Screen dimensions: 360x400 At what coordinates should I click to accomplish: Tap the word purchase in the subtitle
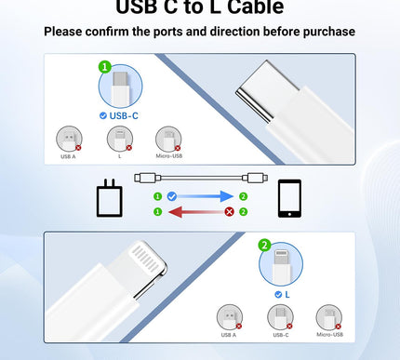322,33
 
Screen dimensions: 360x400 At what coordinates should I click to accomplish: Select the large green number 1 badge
104,68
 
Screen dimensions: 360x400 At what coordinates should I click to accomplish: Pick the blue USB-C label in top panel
124,115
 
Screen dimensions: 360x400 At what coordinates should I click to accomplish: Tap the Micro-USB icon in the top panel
167,139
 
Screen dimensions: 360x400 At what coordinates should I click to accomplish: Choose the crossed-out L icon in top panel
119,139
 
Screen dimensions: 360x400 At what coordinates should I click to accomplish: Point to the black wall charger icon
110,197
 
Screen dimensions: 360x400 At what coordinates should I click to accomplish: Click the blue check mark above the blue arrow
172,196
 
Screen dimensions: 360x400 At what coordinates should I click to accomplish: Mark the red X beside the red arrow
229,212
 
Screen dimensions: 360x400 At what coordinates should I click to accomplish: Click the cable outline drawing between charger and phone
200,176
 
